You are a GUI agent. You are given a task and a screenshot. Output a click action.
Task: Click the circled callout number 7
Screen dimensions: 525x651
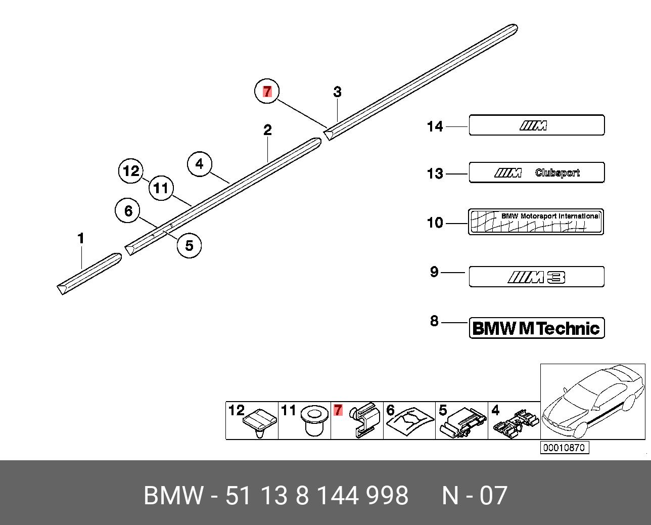[267, 92]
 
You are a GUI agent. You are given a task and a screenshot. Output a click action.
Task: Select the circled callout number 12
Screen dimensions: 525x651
[131, 171]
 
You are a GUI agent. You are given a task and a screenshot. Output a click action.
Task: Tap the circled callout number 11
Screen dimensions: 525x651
[161, 189]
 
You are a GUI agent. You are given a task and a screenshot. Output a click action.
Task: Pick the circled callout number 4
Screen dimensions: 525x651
[200, 164]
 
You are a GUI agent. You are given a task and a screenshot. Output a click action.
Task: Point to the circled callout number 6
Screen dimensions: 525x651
[128, 210]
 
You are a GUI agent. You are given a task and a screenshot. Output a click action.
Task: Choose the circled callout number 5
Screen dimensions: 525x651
[189, 245]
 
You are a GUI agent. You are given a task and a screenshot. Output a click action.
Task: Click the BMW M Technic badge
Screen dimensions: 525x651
[536, 328]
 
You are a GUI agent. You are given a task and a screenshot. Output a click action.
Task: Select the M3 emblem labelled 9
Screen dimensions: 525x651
[536, 277]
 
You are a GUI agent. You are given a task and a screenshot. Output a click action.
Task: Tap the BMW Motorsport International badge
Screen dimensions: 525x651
[536, 222]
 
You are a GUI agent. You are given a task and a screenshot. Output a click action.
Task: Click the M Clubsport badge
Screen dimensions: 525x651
[536, 172]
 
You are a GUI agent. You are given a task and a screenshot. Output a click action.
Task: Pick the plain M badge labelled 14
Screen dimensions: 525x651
[536, 125]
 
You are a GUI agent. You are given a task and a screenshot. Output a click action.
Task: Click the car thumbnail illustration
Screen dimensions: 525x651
[592, 402]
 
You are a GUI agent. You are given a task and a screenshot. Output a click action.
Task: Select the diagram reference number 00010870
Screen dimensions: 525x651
[565, 448]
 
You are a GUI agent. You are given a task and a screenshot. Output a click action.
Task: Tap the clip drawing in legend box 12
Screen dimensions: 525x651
[260, 422]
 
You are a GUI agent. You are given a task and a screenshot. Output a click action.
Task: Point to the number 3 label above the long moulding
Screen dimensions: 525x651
[337, 92]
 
